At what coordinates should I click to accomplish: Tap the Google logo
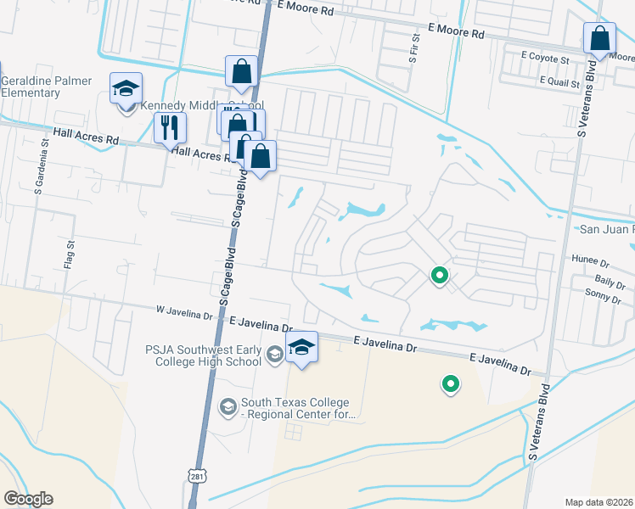pos(28,499)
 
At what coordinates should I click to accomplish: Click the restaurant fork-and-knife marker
pos(170,128)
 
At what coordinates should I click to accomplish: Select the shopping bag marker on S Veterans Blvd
pos(599,39)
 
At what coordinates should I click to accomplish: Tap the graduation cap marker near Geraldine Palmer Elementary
pos(126,88)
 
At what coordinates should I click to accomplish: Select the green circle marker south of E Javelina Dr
pos(451,384)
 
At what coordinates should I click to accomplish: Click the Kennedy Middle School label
pos(196,106)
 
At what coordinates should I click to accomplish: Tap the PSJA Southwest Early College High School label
pos(204,354)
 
